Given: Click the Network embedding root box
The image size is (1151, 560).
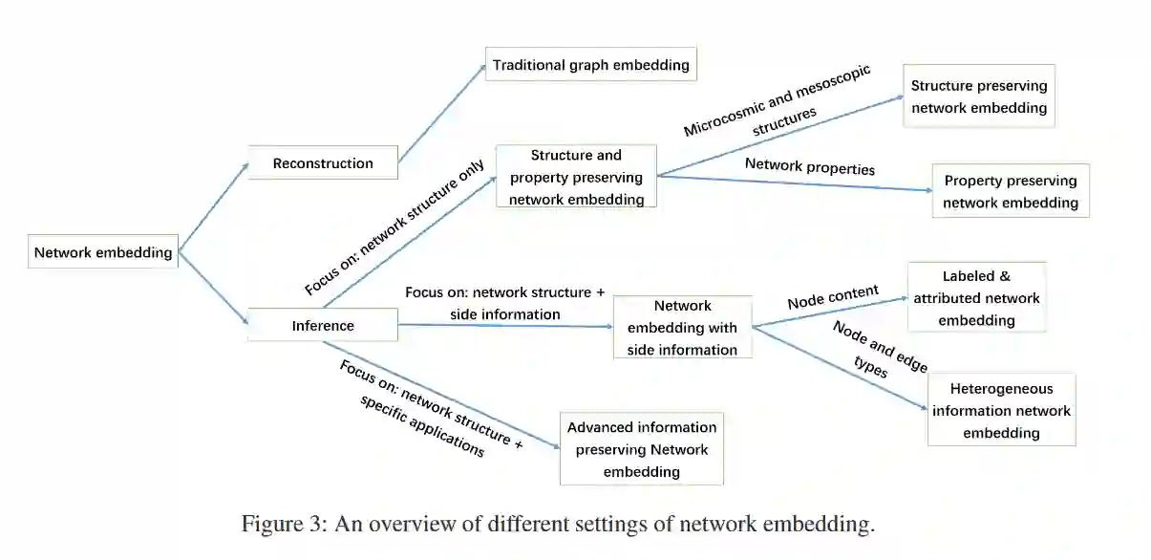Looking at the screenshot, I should (x=103, y=253).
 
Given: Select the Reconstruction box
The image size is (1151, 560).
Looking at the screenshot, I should (x=323, y=163).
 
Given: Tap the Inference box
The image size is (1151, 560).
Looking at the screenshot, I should (x=323, y=326).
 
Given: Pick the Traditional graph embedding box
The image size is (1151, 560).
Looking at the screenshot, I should (x=590, y=65).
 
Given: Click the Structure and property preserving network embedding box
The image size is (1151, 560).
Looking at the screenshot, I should (x=576, y=177).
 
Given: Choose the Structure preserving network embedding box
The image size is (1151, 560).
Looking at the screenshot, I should (x=979, y=97).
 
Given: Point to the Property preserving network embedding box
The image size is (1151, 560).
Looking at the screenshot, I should (x=1011, y=191).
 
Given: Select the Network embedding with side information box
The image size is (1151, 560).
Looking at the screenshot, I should (x=682, y=328).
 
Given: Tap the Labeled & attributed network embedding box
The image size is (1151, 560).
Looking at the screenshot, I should (x=976, y=297).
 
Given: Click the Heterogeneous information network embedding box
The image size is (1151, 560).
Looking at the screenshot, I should (x=1001, y=411).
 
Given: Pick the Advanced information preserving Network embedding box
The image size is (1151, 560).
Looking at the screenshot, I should (x=642, y=449).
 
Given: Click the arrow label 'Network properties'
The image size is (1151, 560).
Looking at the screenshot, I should (x=810, y=167).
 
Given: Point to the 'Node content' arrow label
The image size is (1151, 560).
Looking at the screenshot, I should (x=833, y=297).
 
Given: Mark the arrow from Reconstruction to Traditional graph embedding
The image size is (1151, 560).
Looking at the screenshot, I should (x=441, y=114).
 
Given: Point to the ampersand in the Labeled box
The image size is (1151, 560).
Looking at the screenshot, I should (x=1004, y=276).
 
